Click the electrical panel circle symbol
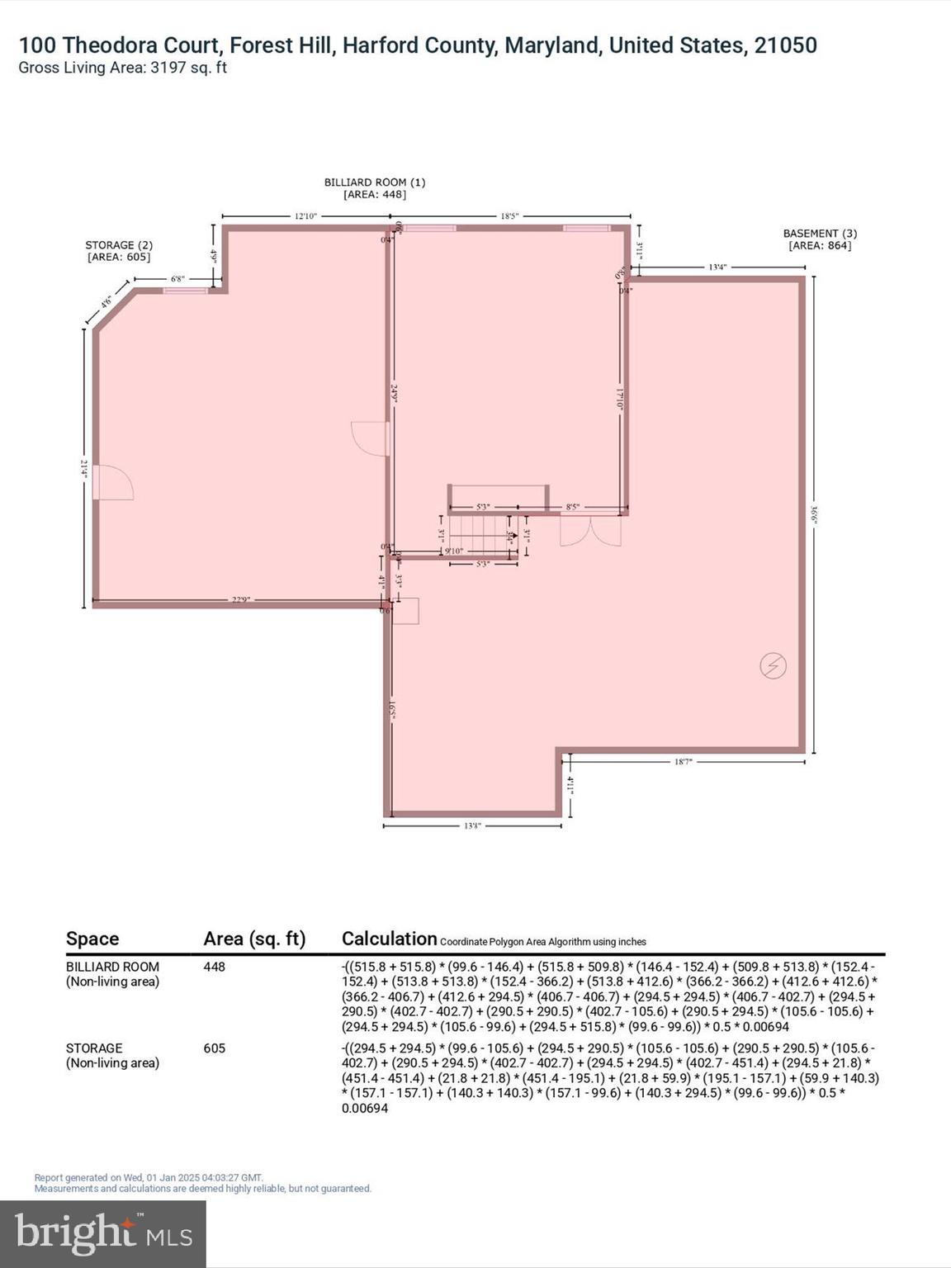pyautogui.click(x=773, y=665)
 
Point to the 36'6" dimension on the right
pyautogui.click(x=814, y=514)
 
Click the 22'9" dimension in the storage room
pyautogui.click(x=240, y=599)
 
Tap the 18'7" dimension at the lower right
pyautogui.click(x=683, y=761)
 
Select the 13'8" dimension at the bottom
pyautogui.click(x=472, y=825)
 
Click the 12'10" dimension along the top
pyautogui.click(x=305, y=216)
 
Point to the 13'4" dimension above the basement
pyautogui.click(x=717, y=267)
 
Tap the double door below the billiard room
pyautogui.click(x=590, y=531)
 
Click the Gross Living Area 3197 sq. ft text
pyautogui.click(x=122, y=68)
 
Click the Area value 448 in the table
pyautogui.click(x=215, y=967)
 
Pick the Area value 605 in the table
pyautogui.click(x=215, y=1048)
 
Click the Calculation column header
pyautogui.click(x=389, y=939)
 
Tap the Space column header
pyautogui.click(x=92, y=939)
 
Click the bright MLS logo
pyautogui.click(x=103, y=1233)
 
